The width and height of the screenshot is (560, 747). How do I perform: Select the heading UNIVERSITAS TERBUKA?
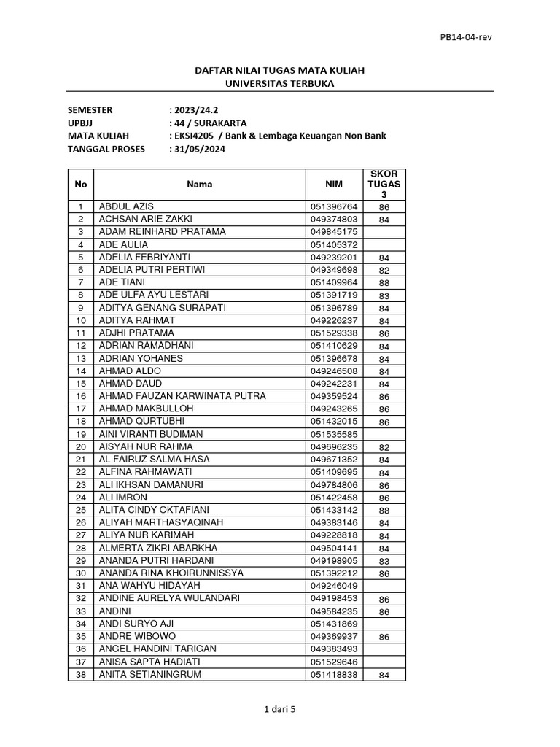click(x=280, y=84)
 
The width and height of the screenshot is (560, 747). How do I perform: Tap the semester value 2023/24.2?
click(x=196, y=110)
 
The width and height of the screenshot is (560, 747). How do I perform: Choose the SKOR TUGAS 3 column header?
click(x=384, y=185)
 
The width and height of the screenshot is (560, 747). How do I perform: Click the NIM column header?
click(x=332, y=185)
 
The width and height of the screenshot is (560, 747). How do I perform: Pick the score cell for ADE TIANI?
click(x=384, y=283)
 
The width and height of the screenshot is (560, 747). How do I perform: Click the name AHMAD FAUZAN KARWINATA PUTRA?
click(x=182, y=396)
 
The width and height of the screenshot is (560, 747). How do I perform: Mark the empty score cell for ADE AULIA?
click(x=384, y=244)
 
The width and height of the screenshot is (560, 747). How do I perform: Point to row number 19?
click(x=81, y=434)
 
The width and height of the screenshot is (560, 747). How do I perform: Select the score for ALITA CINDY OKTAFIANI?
click(x=384, y=511)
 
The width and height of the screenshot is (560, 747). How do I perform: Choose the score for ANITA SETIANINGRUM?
click(x=384, y=676)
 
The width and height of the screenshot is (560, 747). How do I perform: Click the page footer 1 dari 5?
click(x=280, y=708)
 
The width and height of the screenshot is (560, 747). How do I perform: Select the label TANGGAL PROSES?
click(x=106, y=149)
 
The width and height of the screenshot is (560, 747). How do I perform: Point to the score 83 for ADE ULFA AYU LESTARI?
click(x=384, y=295)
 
